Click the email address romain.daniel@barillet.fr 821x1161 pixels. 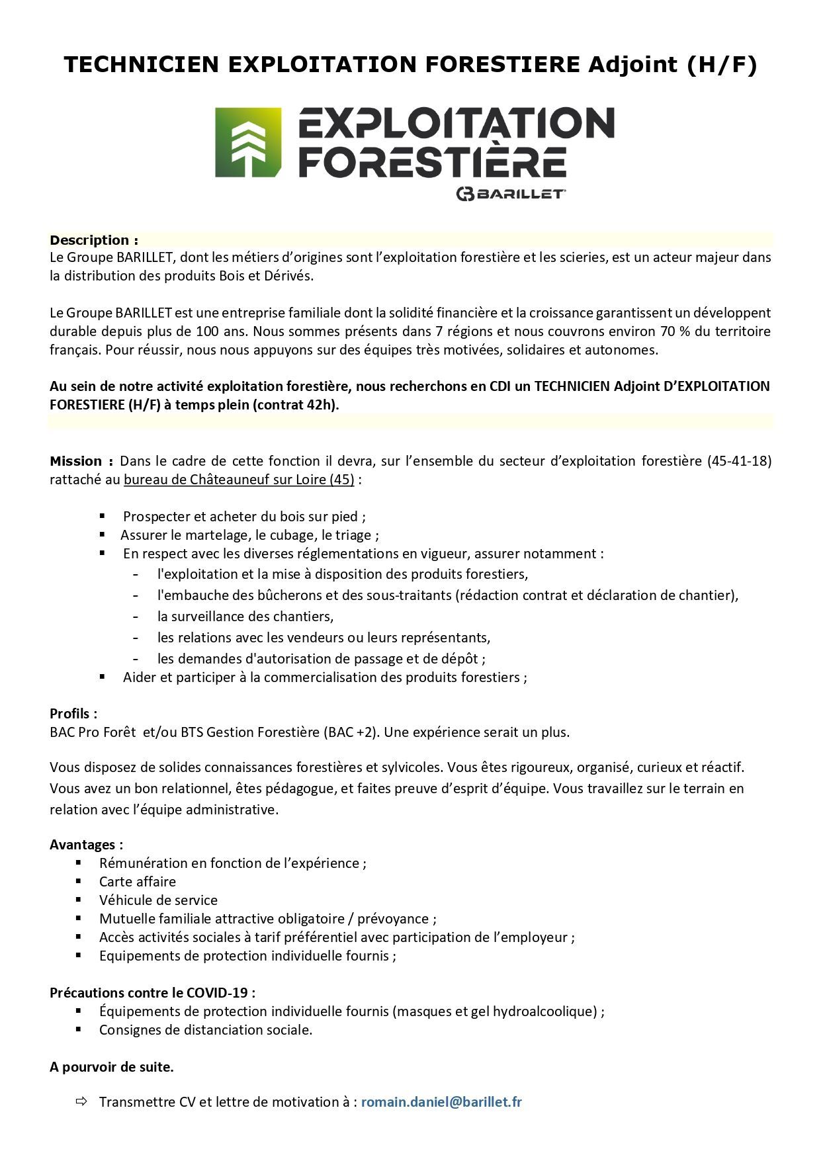click(x=441, y=1102)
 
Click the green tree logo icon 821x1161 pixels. click(x=248, y=143)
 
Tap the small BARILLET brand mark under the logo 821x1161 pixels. click(x=509, y=194)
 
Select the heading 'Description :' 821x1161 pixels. click(x=94, y=240)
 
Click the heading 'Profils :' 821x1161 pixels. click(x=73, y=714)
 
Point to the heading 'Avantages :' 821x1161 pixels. click(x=86, y=845)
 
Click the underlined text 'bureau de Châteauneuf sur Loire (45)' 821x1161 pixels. click(x=239, y=480)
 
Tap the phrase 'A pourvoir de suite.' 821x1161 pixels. click(x=112, y=1067)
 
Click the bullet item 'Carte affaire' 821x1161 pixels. click(x=138, y=882)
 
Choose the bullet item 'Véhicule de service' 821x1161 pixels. click(x=158, y=900)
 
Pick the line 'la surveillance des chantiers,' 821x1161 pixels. click(x=245, y=617)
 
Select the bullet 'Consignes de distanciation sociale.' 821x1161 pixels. click(x=206, y=1030)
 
